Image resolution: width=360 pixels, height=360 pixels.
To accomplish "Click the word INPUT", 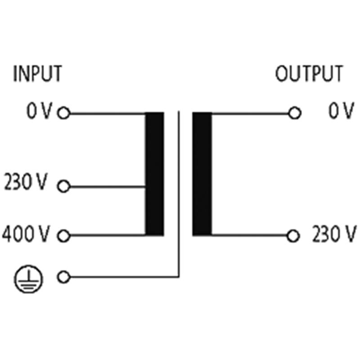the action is (38, 73).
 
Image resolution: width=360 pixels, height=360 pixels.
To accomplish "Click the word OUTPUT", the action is (309, 73).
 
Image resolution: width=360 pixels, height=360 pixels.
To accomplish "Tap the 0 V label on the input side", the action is (40, 111).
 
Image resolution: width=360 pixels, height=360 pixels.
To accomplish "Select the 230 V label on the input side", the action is (26, 182).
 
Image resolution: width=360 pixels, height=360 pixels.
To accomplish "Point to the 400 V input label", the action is (26, 234).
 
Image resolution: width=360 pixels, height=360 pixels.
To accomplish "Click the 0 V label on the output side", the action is (341, 111).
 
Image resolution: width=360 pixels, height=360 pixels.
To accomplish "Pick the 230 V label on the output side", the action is (334, 234).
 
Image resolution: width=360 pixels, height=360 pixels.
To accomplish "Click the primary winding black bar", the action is (154, 174).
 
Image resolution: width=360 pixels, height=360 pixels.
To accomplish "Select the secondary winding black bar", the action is (202, 174).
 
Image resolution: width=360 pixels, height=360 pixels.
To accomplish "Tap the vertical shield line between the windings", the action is (179, 194).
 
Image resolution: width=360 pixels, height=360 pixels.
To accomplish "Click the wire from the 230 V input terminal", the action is (108, 187).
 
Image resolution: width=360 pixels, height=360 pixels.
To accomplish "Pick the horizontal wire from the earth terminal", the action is (125, 277).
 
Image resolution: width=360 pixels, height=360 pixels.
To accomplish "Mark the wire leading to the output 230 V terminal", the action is (250, 235).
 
